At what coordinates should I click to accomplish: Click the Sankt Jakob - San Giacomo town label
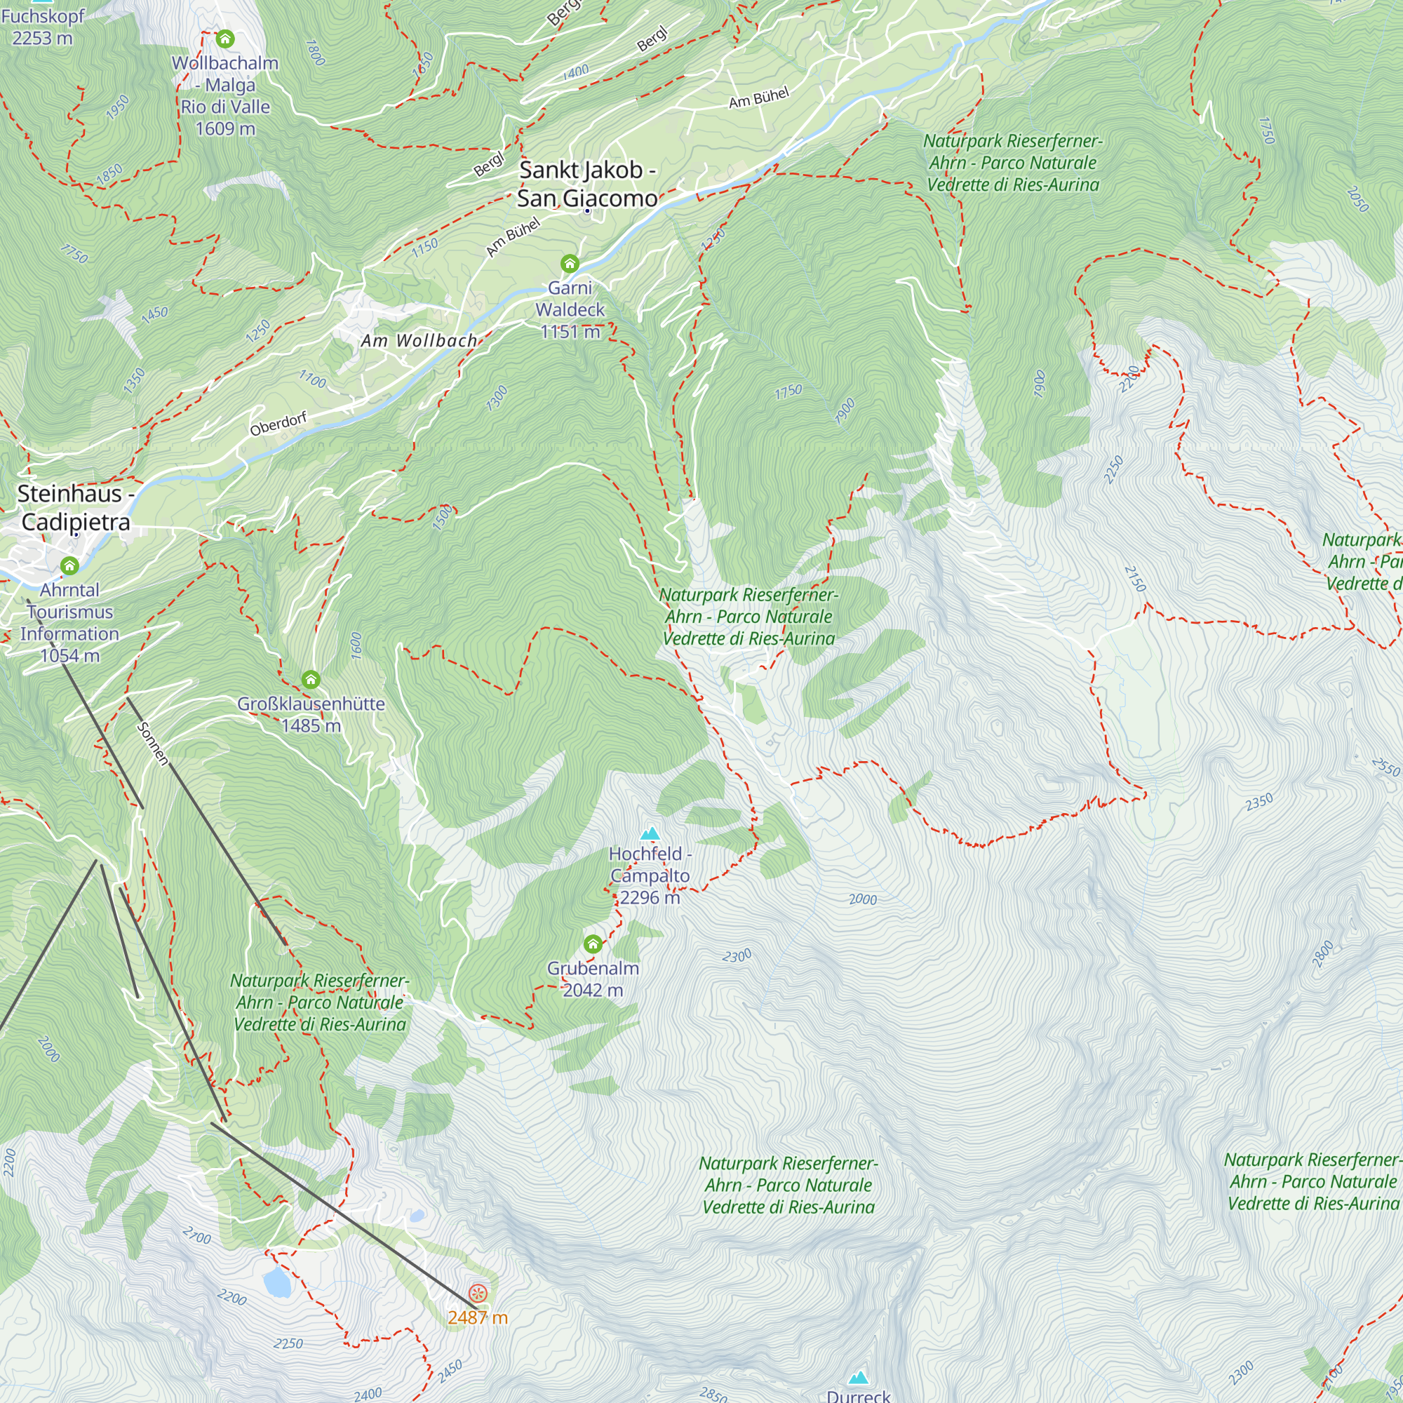pyautogui.click(x=586, y=184)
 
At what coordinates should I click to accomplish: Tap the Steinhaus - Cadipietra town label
pyautogui.click(x=75, y=508)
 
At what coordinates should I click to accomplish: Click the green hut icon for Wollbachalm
pyautogui.click(x=225, y=39)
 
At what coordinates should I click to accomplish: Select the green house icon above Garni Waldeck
pyautogui.click(x=570, y=263)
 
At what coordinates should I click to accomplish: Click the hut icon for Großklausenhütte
pyautogui.click(x=311, y=680)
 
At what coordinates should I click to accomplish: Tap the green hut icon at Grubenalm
pyautogui.click(x=593, y=944)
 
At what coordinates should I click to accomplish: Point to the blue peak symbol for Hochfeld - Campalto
pyautogui.click(x=650, y=833)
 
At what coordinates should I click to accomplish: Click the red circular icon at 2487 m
pyautogui.click(x=477, y=1293)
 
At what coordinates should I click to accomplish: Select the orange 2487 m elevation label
pyautogui.click(x=477, y=1317)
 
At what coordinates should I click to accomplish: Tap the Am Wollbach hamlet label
pyautogui.click(x=419, y=341)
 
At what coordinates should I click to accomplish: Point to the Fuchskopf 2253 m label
pyautogui.click(x=42, y=26)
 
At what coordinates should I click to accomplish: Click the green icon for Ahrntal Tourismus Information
pyautogui.click(x=69, y=565)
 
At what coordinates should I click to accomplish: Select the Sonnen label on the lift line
pyautogui.click(x=152, y=744)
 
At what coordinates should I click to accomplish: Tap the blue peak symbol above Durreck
pyautogui.click(x=859, y=1377)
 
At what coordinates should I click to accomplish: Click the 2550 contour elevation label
pyautogui.click(x=1385, y=767)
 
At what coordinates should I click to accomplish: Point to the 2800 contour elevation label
pyautogui.click(x=1323, y=954)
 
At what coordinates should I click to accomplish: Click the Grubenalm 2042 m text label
pyautogui.click(x=593, y=979)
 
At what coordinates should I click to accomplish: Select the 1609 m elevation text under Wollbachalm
pyautogui.click(x=225, y=128)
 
